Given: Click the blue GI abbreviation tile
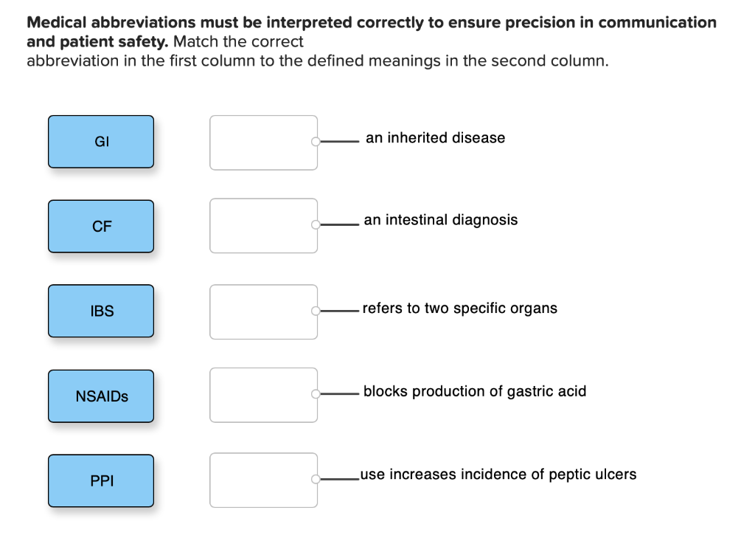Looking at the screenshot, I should click(x=101, y=142).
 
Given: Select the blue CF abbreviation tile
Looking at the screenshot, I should click(x=101, y=227).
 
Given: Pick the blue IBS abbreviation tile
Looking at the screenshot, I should click(x=101, y=311).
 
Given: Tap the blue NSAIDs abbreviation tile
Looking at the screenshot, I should click(x=101, y=396).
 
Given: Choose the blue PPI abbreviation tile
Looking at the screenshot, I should click(x=101, y=481).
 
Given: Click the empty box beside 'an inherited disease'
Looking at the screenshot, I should click(x=263, y=142).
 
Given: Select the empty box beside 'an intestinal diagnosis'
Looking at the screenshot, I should click(x=263, y=226).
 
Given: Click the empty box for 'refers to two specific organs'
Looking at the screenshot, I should click(x=263, y=311).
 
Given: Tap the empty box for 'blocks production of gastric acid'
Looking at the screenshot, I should click(x=263, y=395).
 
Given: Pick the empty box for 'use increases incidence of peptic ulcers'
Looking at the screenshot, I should click(x=263, y=480).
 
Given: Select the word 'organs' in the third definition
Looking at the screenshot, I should click(x=536, y=309).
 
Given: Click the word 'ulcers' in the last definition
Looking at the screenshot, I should click(x=615, y=475).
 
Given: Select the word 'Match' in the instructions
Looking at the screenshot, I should click(x=194, y=42).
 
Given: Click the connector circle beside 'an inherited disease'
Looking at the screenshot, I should click(x=316, y=142).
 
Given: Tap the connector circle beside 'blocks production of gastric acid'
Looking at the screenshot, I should click(x=316, y=394).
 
